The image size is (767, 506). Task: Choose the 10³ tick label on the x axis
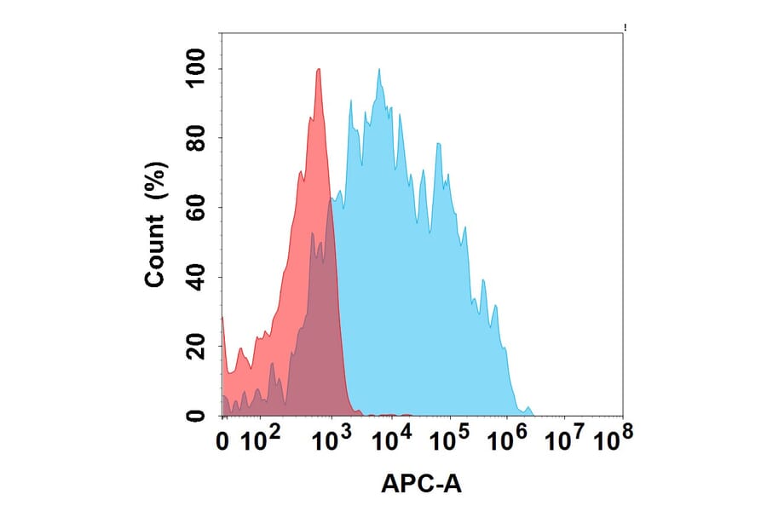332,440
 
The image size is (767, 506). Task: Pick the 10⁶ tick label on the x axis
508,440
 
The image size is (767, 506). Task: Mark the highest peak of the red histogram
319,70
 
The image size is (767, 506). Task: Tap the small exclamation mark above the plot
626,28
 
